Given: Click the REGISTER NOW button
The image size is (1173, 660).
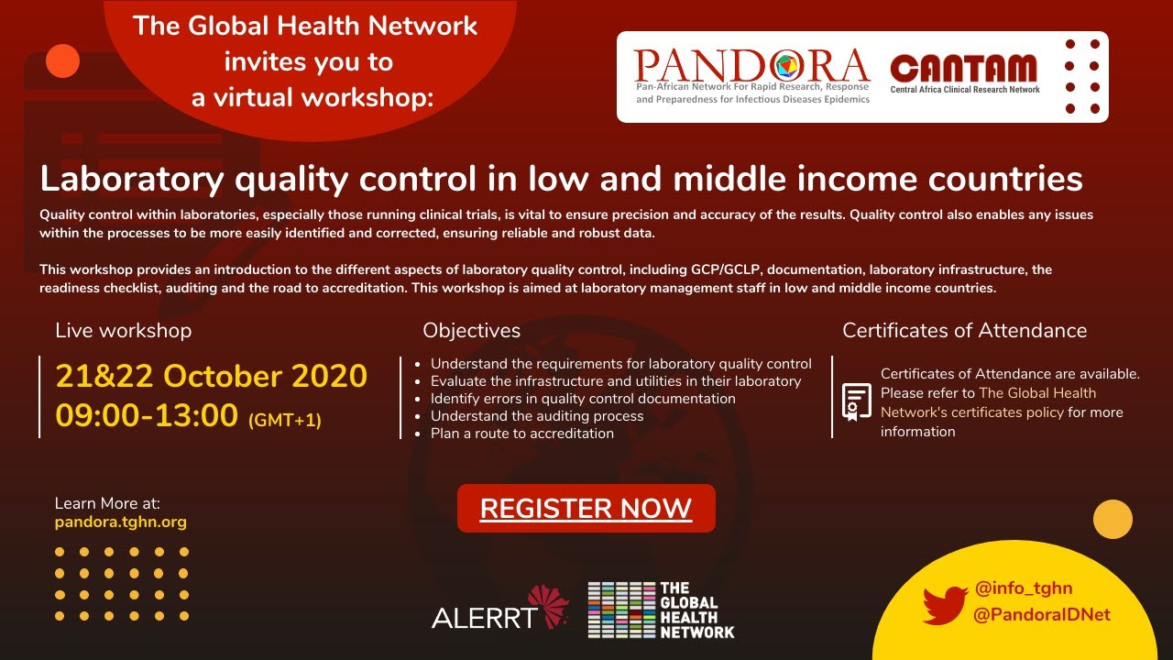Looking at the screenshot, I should [586, 508].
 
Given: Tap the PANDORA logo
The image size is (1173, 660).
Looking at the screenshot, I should [751, 76].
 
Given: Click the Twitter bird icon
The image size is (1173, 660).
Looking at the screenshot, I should [945, 604].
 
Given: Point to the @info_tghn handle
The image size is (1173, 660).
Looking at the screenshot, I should [1024, 588].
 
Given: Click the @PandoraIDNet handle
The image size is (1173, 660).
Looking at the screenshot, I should [1042, 614].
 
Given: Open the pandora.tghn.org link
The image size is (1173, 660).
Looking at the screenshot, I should [120, 522].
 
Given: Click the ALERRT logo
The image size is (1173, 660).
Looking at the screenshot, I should [500, 610].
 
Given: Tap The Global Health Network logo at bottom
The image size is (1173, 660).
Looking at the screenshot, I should [661, 610].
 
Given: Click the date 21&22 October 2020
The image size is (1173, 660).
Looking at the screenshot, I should [211, 376].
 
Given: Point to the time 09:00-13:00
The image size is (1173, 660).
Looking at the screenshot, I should [147, 415].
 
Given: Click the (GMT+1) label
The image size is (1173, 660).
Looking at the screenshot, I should [285, 421].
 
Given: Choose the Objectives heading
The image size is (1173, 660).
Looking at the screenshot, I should [471, 330].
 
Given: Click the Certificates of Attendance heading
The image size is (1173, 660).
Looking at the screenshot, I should [964, 330].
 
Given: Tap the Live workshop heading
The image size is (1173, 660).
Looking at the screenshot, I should [123, 330].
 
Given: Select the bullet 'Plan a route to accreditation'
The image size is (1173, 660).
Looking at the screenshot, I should [521, 433].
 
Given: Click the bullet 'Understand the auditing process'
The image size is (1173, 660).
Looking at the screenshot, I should [537, 415].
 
